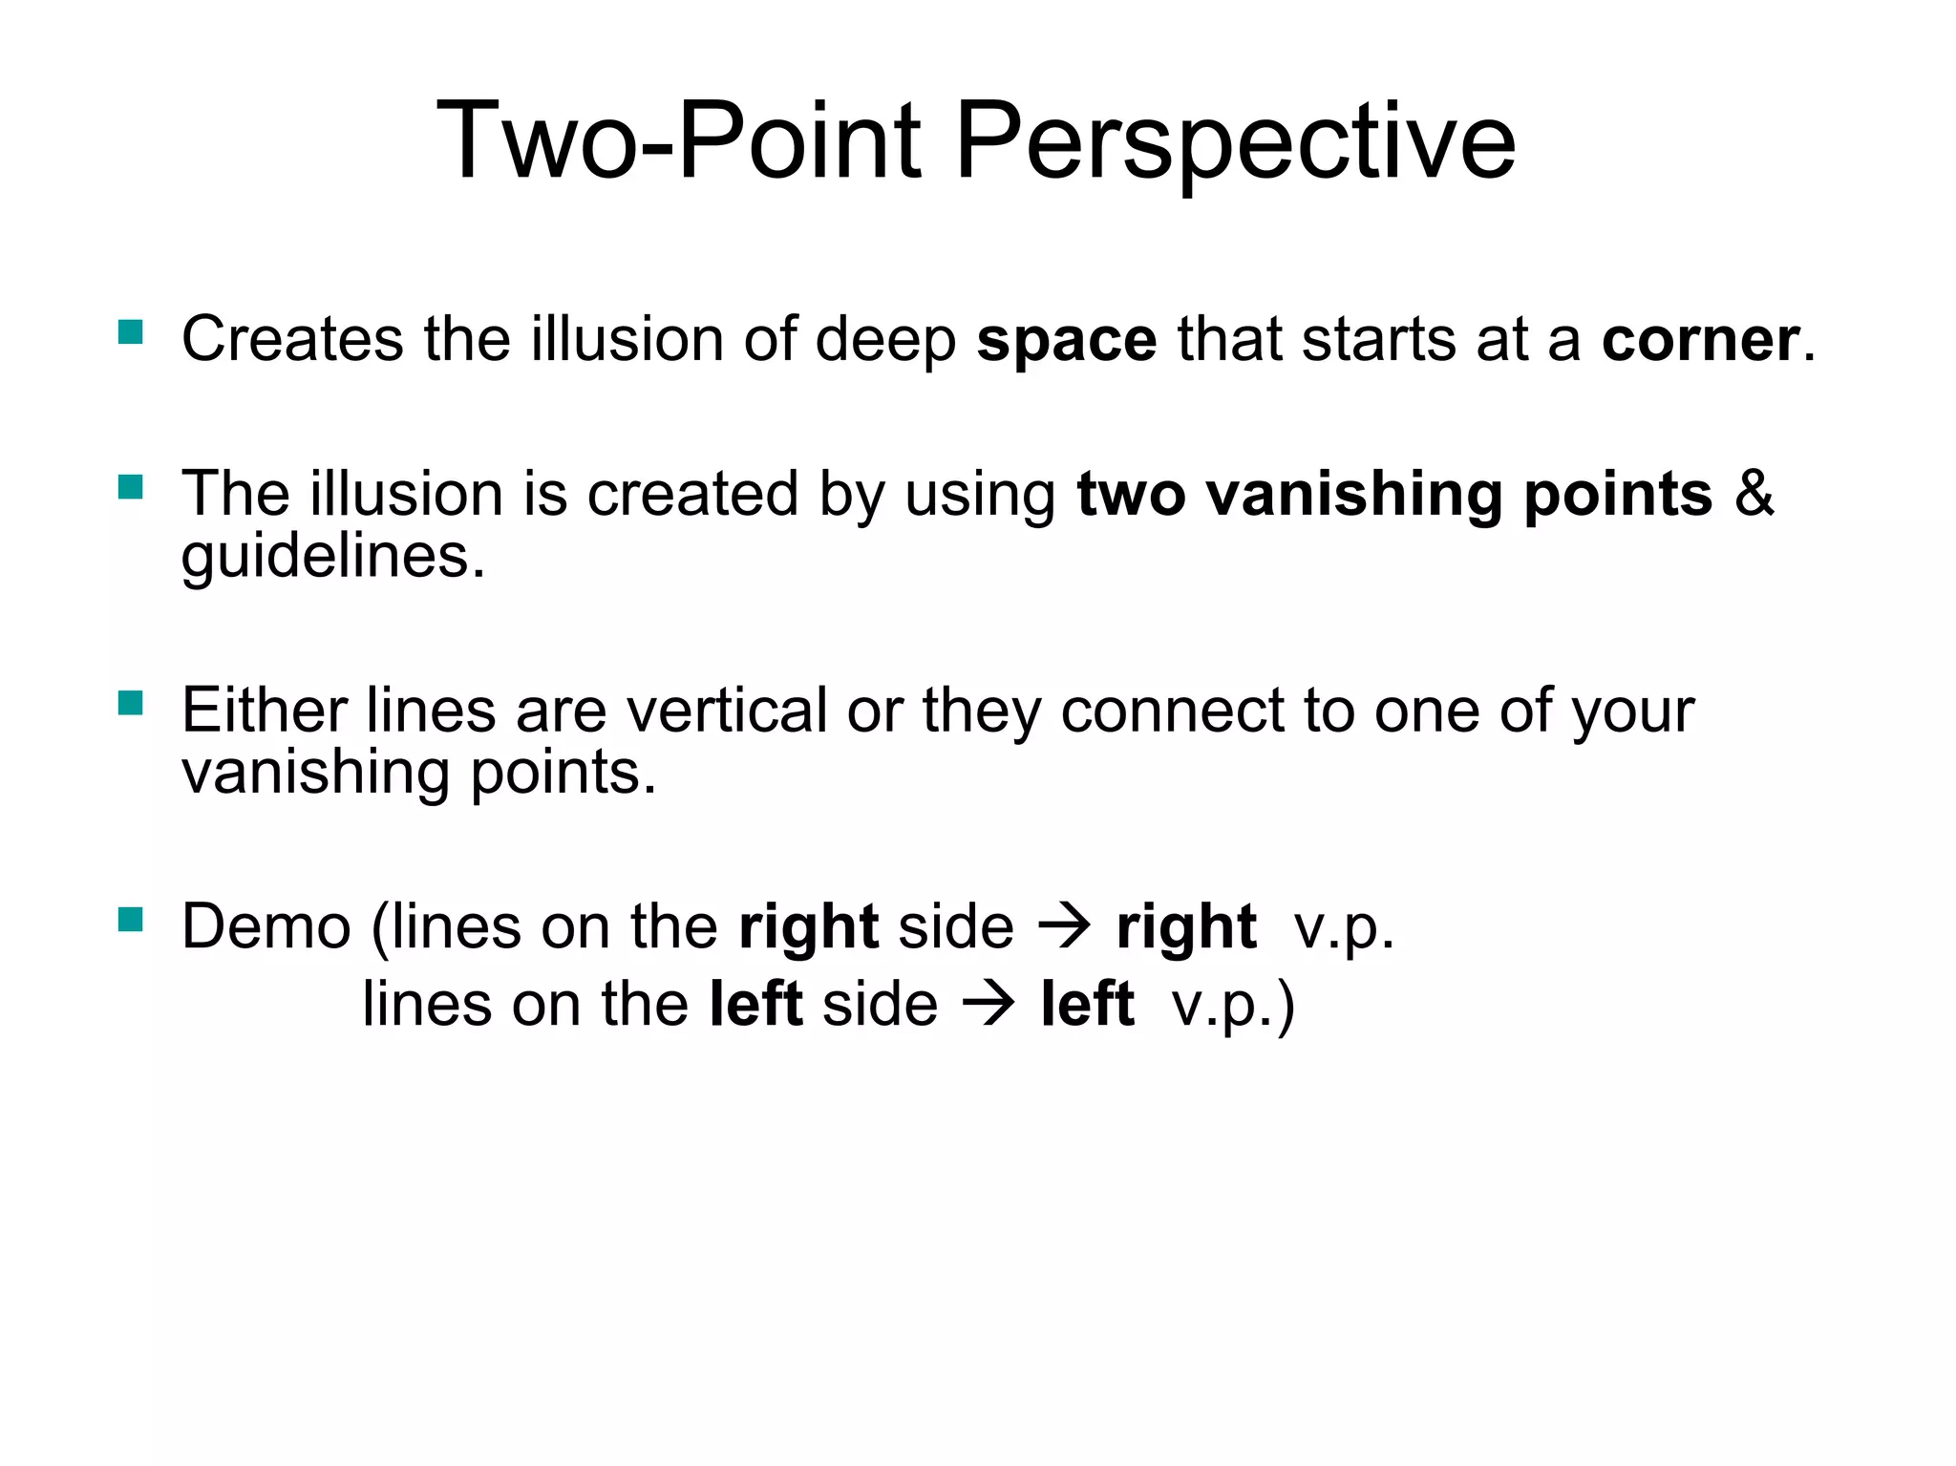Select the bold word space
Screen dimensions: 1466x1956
[x=1066, y=341]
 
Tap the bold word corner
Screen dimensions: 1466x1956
[x=1700, y=341]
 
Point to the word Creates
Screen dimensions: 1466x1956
[x=292, y=341]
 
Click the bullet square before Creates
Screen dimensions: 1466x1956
[x=131, y=332]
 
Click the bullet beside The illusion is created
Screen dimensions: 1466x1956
[x=131, y=488]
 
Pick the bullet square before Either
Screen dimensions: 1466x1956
[x=131, y=704]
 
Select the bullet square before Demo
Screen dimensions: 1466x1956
[x=131, y=920]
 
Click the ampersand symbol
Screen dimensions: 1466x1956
[x=1754, y=495]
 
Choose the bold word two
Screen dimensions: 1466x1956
[x=1131, y=495]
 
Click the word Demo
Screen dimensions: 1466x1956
[x=266, y=927]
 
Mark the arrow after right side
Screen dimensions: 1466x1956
[x=1064, y=927]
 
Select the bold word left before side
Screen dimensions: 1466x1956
[x=755, y=1006]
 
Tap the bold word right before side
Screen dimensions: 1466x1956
[x=808, y=929]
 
